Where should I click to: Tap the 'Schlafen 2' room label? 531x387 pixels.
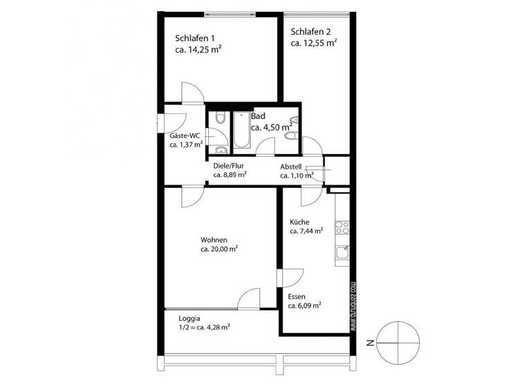pos(310,31)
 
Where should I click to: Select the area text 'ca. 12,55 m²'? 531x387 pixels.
pos(314,43)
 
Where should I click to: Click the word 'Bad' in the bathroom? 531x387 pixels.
pos(258,116)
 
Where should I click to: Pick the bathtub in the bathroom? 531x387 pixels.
pos(241,129)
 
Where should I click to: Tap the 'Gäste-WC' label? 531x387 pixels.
pos(185,136)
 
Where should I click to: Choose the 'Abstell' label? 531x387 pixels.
pos(295,167)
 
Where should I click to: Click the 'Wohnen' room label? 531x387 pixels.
pos(214,239)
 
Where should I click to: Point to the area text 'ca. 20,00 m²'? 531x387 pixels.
pos(219,249)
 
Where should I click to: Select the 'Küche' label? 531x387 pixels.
pos(299,222)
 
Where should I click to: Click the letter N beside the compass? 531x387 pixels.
pos(371,341)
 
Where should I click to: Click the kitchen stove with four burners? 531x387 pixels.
pos(342,226)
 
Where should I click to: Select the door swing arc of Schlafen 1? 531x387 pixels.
pos(192,93)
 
